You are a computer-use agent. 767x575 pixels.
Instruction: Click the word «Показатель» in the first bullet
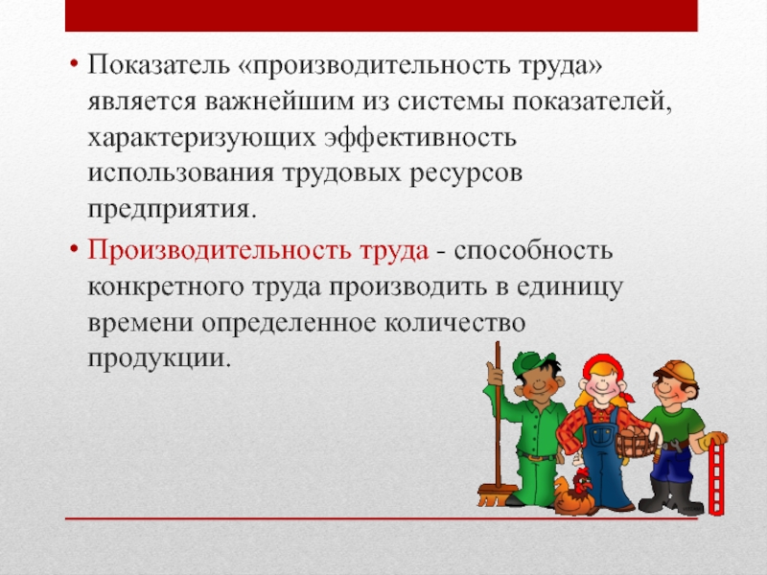[x=158, y=64]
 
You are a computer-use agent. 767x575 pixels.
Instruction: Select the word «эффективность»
[x=420, y=137]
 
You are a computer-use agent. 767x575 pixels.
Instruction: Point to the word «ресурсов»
[x=466, y=174]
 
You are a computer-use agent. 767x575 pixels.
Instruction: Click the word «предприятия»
[x=172, y=210]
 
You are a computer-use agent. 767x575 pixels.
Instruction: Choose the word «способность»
[x=533, y=250]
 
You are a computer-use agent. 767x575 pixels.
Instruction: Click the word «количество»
[x=454, y=322]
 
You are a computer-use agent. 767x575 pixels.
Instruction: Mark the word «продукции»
[x=159, y=358]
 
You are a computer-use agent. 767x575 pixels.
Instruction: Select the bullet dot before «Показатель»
[x=75, y=64]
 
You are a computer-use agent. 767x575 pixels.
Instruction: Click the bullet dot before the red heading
[x=75, y=248]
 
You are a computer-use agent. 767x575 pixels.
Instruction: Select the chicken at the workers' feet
[x=574, y=493]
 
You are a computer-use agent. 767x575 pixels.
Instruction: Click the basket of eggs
[x=636, y=442]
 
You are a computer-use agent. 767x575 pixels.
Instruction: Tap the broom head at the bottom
[x=497, y=494]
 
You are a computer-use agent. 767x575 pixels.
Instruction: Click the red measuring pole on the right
[x=716, y=477]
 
